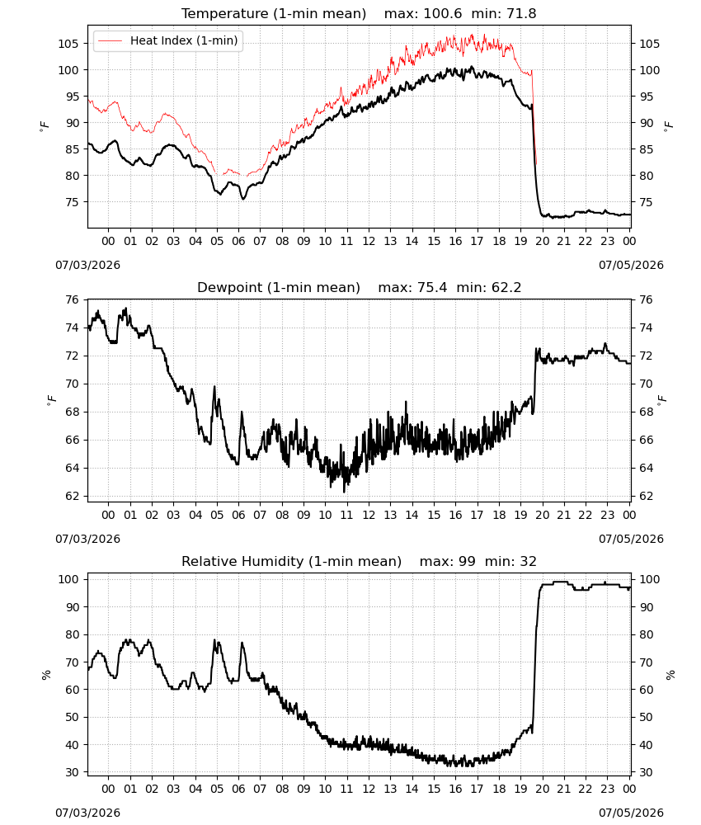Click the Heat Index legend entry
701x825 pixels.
(x=168, y=40)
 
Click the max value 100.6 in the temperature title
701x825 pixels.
(x=443, y=14)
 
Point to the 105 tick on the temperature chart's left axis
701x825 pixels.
(x=68, y=44)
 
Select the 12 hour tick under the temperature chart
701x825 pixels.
(x=369, y=241)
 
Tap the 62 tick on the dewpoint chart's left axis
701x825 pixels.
(x=73, y=496)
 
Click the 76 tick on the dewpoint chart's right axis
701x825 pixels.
(x=646, y=300)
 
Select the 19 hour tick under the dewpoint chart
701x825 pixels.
(x=520, y=515)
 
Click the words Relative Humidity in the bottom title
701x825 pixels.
(x=243, y=561)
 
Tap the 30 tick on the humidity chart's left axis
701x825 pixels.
(x=73, y=772)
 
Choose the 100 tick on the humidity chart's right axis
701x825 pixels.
(x=650, y=579)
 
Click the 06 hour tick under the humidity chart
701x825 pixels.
(x=238, y=789)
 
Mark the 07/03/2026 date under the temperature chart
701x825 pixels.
(x=87, y=265)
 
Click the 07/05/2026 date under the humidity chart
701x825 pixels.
(x=631, y=813)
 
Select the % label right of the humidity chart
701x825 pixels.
(x=670, y=675)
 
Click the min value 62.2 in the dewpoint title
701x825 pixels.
(x=506, y=288)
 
